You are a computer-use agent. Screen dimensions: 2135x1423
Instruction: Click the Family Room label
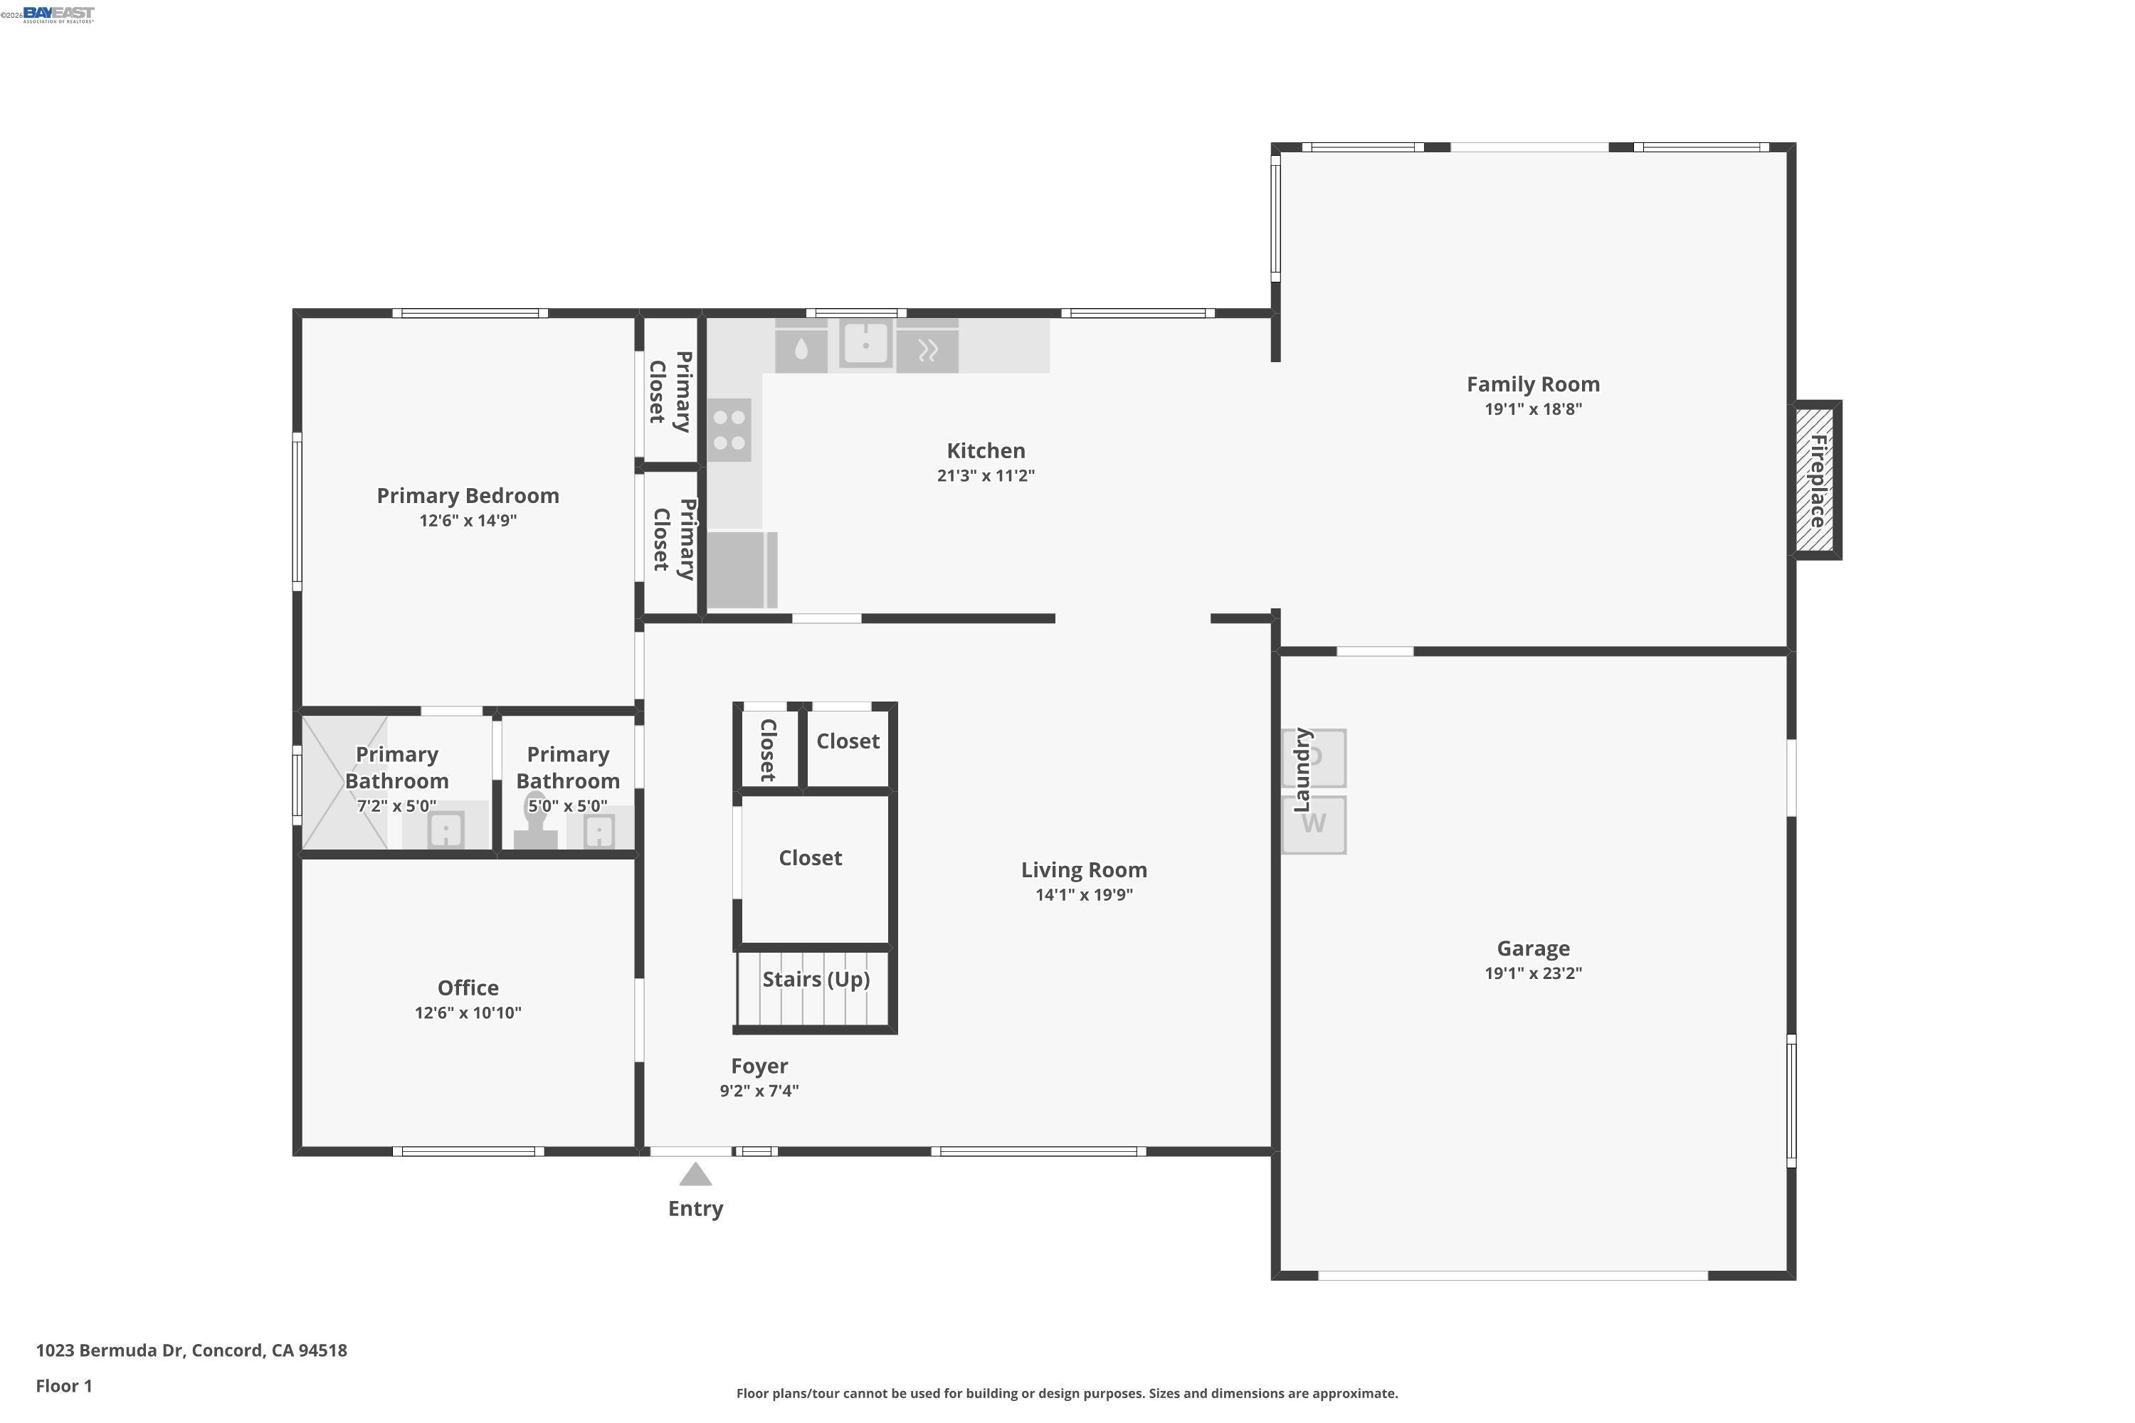click(x=1533, y=385)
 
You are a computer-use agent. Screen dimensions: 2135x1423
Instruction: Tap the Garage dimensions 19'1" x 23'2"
click(x=1533, y=973)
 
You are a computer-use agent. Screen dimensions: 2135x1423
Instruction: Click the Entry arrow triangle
click(x=695, y=1175)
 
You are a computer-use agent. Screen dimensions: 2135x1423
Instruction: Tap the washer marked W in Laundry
click(x=1314, y=825)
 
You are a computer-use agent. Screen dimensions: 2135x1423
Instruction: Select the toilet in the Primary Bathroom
click(x=536, y=822)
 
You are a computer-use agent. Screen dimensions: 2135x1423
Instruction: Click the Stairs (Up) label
click(x=816, y=979)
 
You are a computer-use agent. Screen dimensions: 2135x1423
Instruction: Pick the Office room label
click(x=468, y=988)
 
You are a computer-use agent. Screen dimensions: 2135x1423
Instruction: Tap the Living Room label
click(x=1084, y=870)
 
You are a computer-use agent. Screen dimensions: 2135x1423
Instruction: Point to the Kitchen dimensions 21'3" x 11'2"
click(x=986, y=475)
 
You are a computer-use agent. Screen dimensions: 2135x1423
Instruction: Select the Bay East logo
click(x=58, y=14)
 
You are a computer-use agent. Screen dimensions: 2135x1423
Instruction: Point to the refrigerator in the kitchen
click(x=742, y=570)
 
